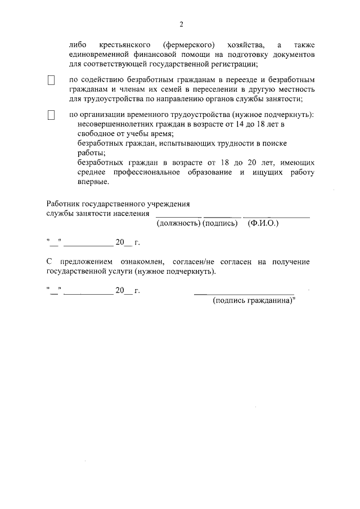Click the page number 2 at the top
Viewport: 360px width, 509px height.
point(181,24)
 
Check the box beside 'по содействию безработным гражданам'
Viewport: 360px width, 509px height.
point(51,81)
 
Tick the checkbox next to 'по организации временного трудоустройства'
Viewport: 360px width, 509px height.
point(51,115)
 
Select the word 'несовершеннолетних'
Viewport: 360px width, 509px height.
point(111,124)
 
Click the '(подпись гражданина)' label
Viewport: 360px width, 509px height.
point(254,301)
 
